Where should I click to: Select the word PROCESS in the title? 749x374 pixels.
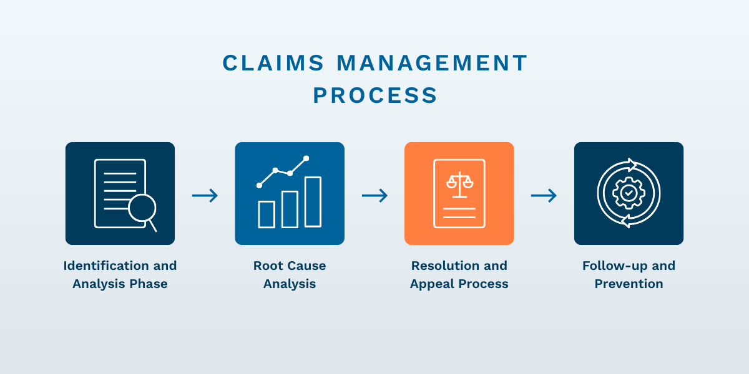[375, 95]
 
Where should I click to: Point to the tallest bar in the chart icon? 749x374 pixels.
[313, 202]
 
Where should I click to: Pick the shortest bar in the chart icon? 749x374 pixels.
[267, 214]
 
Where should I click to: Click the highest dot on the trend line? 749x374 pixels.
[306, 158]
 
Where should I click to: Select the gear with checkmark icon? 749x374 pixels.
[629, 193]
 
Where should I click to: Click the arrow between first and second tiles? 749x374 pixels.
[205, 196]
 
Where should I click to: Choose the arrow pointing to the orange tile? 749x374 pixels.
[374, 196]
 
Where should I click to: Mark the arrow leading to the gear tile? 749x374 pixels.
[544, 196]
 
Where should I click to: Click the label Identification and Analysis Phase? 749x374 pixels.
[120, 274]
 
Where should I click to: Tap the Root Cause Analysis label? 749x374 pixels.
[290, 274]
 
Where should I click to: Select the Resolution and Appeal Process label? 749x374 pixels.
[459, 274]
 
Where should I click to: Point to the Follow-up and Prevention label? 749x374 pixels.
[629, 274]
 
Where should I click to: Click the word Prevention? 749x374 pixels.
[629, 284]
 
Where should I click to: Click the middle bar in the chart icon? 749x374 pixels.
[290, 209]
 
